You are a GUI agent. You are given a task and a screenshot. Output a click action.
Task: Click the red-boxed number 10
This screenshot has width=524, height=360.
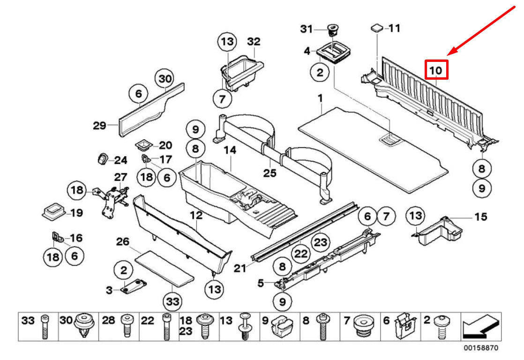(436, 70)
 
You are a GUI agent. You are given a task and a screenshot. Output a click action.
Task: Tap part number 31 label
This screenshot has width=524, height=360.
(306, 29)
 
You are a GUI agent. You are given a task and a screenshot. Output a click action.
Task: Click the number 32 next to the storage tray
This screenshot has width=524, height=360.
(253, 42)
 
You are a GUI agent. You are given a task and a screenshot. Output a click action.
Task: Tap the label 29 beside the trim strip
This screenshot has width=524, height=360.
(99, 125)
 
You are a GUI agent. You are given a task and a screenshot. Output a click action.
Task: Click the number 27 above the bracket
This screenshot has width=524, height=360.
(120, 177)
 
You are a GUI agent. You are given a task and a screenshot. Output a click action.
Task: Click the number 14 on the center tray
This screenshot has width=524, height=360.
(230, 150)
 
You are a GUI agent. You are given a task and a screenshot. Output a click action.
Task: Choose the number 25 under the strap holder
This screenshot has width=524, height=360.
(269, 173)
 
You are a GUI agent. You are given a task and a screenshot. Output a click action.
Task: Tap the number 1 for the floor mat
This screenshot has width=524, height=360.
(320, 98)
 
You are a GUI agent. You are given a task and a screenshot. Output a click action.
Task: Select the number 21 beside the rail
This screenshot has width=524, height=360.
(240, 268)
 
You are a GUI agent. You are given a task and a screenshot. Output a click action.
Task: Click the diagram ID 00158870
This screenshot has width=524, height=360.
(481, 348)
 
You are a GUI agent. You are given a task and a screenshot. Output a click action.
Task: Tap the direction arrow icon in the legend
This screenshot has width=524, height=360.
(479, 326)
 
